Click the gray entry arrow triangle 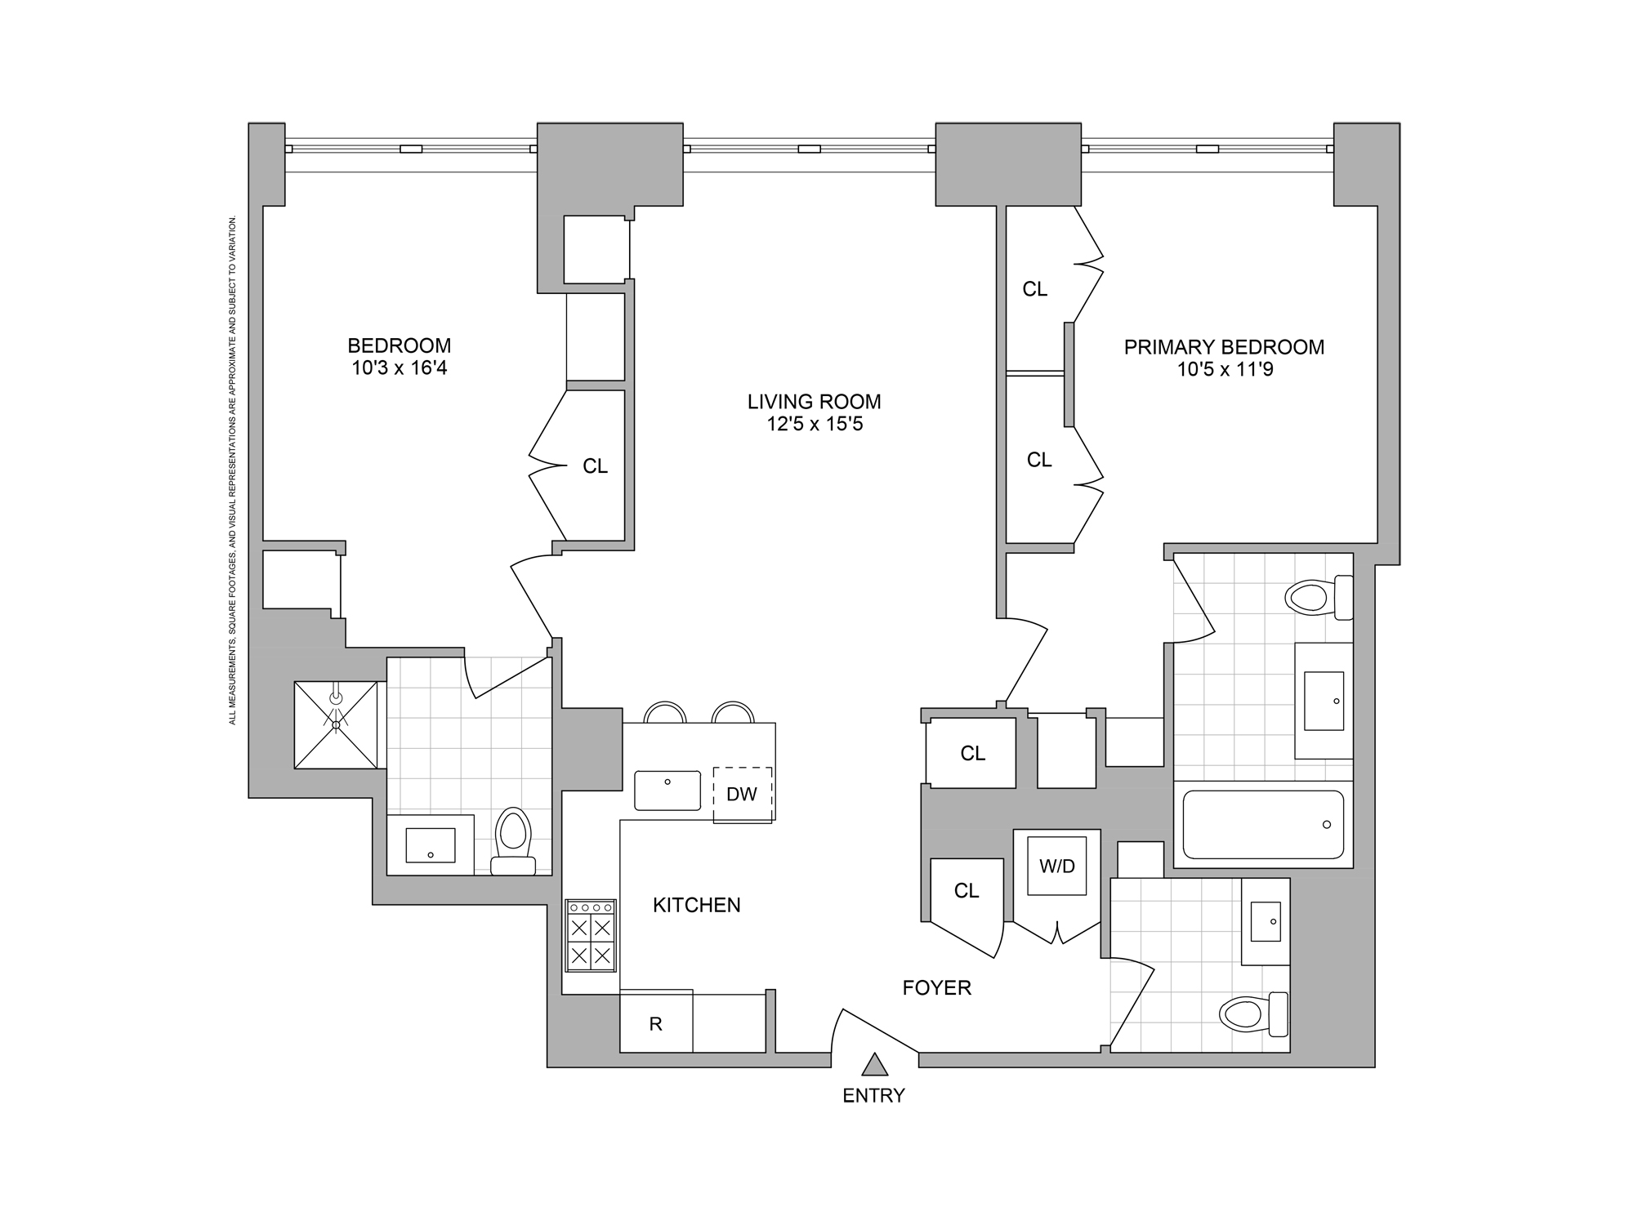pyautogui.click(x=875, y=1064)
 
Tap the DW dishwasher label pyautogui.click(x=742, y=794)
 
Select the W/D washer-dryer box pyautogui.click(x=1057, y=866)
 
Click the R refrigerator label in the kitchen pyautogui.click(x=655, y=1024)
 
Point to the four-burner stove pyautogui.click(x=591, y=935)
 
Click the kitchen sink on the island pyautogui.click(x=667, y=790)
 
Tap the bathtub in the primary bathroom pyautogui.click(x=1263, y=824)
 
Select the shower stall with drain pyautogui.click(x=336, y=724)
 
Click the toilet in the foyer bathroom pyautogui.click(x=1252, y=1014)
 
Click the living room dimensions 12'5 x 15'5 pyautogui.click(x=815, y=424)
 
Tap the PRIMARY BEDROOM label pyautogui.click(x=1224, y=347)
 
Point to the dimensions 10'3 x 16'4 pyautogui.click(x=400, y=367)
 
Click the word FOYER pyautogui.click(x=936, y=988)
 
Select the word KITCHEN pyautogui.click(x=696, y=905)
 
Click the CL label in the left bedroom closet pyautogui.click(x=595, y=466)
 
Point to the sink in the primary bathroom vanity pyautogui.click(x=1324, y=701)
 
